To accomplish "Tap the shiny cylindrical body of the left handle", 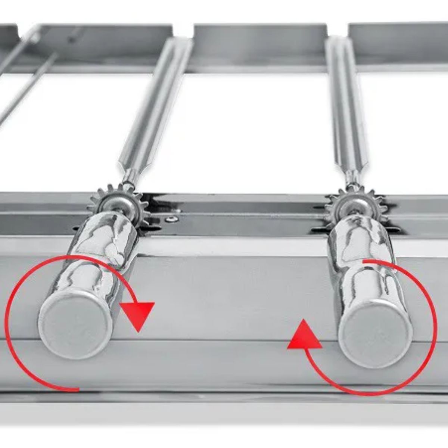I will (x=101, y=254).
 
